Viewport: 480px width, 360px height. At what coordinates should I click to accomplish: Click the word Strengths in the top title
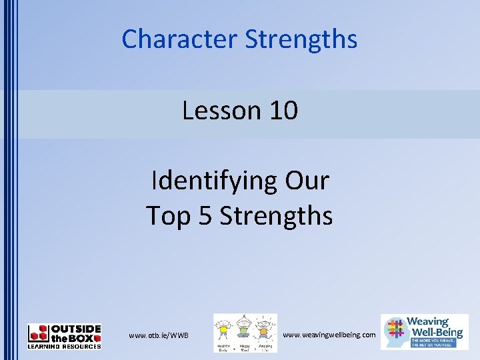pos(301,39)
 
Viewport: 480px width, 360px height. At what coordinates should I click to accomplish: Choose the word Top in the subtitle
pos(169,216)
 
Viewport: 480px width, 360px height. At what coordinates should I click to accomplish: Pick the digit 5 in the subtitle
pos(207,216)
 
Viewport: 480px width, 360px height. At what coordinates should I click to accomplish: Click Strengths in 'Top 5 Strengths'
pos(276,216)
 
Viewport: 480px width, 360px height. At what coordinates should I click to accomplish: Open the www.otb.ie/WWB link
pos(159,335)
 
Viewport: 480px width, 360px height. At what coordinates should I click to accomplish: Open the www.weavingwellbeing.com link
pos(329,334)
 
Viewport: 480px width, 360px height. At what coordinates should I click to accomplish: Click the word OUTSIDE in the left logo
pos(76,328)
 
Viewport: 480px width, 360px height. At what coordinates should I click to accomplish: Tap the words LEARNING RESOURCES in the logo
pos(64,346)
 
